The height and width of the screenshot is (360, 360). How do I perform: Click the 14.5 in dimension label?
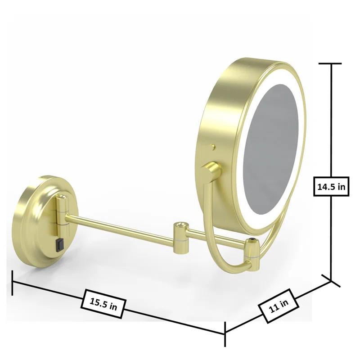tap(331, 186)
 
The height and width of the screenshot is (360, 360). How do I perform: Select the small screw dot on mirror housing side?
tap(212, 147)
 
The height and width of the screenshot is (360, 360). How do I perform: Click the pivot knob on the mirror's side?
tap(211, 171)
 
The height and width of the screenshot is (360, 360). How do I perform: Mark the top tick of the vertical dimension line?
tap(332, 64)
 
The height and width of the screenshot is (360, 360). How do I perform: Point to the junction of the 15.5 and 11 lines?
tap(225, 333)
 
